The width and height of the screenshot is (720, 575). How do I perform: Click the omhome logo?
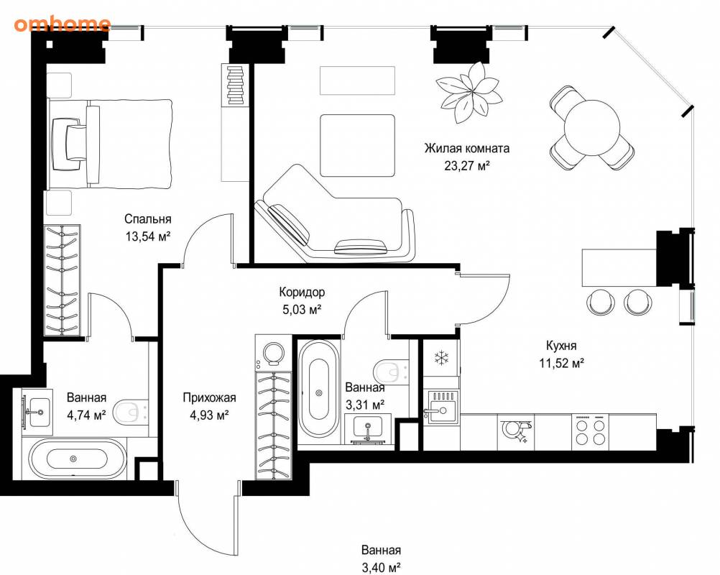(62, 24)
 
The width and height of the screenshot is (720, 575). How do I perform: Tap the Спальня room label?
(148, 219)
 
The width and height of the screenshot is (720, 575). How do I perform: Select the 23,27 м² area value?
(466, 165)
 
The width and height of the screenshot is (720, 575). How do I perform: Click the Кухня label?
(561, 345)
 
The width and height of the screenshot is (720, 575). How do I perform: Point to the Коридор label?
(302, 292)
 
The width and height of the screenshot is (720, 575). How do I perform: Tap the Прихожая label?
(209, 397)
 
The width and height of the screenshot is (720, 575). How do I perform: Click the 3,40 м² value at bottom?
(381, 568)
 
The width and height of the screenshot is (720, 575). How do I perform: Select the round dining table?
(592, 128)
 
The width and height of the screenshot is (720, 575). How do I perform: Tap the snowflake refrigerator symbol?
(441, 357)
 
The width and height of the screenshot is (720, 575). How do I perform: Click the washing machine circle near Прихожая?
(274, 352)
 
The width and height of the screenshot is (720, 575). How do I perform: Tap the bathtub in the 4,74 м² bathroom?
(77, 459)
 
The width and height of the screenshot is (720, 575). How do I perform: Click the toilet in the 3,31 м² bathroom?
(391, 372)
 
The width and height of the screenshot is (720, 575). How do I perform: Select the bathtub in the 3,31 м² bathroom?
(319, 391)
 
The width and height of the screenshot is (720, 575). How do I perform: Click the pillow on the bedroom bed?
(67, 142)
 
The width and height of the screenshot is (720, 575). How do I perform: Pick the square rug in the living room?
(358, 146)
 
